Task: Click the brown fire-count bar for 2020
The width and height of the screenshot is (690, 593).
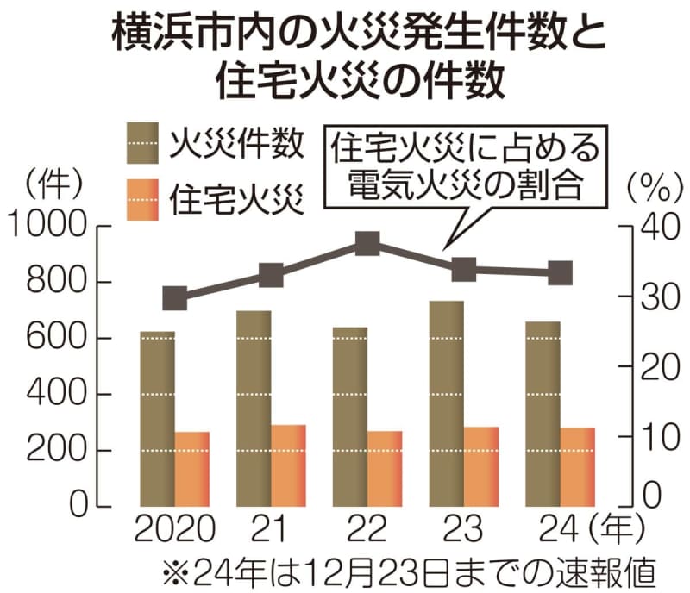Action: (157, 418)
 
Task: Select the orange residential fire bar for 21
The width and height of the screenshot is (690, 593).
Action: (288, 465)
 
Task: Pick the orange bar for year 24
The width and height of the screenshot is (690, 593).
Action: (578, 465)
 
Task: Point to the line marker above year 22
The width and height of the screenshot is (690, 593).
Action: (367, 244)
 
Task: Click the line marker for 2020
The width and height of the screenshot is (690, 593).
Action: (175, 299)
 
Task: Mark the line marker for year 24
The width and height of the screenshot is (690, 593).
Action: (561, 273)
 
